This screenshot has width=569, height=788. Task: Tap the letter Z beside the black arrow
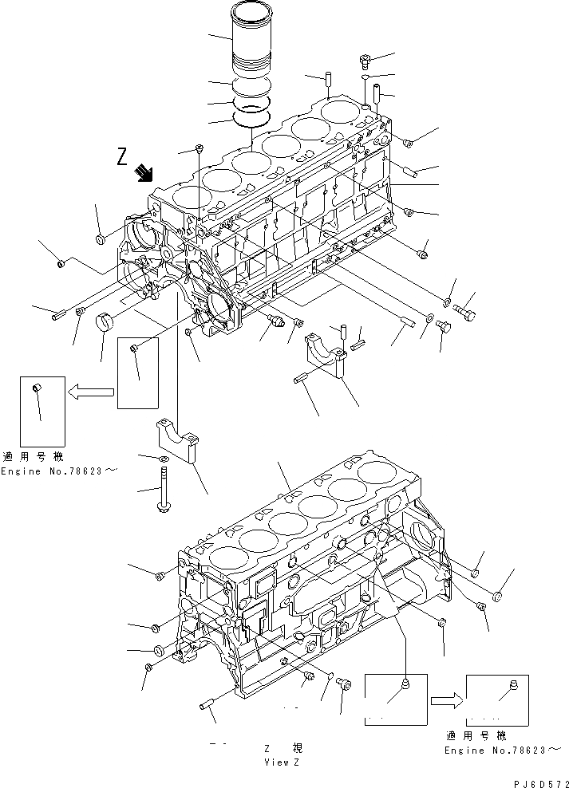(x=121, y=157)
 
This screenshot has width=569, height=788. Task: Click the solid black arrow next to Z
(x=144, y=172)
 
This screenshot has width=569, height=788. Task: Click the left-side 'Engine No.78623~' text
(x=59, y=471)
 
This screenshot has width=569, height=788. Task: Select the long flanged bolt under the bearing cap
(x=163, y=488)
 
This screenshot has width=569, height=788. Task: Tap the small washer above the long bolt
(x=163, y=459)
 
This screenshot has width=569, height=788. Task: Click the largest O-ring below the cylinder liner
(x=252, y=118)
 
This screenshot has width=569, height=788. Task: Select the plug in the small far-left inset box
(x=34, y=388)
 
